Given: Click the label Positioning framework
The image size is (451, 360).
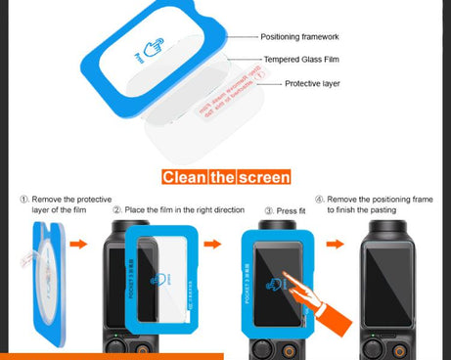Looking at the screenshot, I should (x=299, y=36).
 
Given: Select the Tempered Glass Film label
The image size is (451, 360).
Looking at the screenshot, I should (x=299, y=61).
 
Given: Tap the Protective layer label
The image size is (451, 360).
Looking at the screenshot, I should (x=311, y=84).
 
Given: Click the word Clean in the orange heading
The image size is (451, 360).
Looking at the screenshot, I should (x=183, y=177).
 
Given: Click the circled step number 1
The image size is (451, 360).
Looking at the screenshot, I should (x=25, y=199).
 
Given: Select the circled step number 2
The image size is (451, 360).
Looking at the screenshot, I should (x=117, y=209).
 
